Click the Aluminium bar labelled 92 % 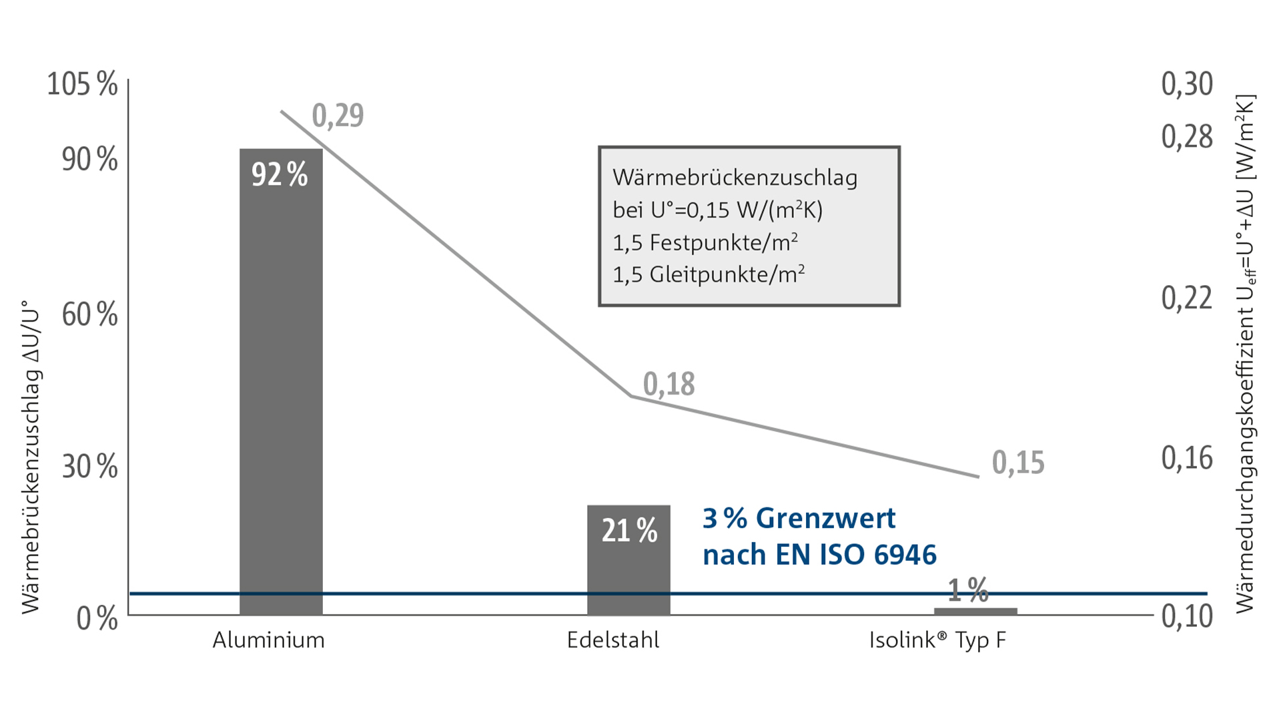(x=281, y=381)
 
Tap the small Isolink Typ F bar (x=975, y=611)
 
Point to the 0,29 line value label (x=338, y=115)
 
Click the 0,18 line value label (x=669, y=385)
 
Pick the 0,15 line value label (x=1018, y=463)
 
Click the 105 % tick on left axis (x=82, y=85)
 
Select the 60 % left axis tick (x=89, y=314)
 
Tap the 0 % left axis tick (x=97, y=619)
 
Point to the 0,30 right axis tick (x=1187, y=85)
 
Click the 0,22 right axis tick (x=1187, y=298)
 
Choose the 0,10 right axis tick (x=1187, y=616)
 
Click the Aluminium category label (x=268, y=640)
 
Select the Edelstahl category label (x=613, y=640)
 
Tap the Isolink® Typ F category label (x=937, y=640)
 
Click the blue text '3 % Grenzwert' (x=799, y=519)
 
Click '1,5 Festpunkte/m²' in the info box (x=705, y=242)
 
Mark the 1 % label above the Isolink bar (x=968, y=590)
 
